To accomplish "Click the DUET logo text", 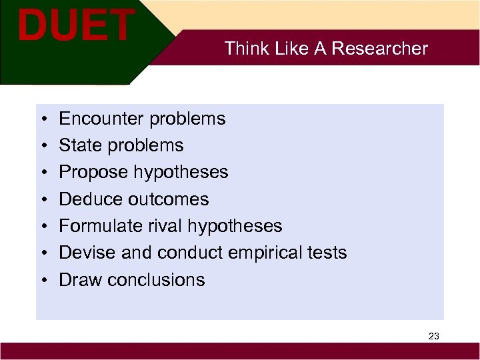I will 75,25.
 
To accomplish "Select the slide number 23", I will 433,336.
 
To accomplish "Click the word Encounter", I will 102,119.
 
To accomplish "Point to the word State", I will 78,145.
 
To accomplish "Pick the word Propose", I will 93,172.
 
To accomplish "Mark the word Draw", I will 79,279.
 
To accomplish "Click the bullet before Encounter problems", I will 42,119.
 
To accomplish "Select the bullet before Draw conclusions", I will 42,280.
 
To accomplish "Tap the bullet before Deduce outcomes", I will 42,200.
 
